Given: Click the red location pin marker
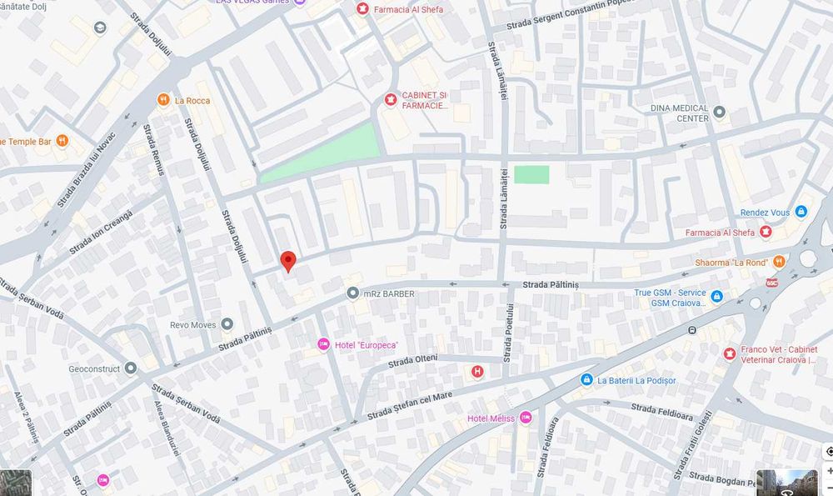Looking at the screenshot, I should click(x=287, y=261).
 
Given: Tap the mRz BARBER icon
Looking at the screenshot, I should click(x=353, y=293).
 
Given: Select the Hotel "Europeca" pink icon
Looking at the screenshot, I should click(x=323, y=345).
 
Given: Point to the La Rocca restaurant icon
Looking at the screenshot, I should click(x=163, y=101).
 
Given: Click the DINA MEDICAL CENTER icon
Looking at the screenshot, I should click(x=720, y=112).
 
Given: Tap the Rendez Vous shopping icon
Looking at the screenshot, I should click(x=801, y=213).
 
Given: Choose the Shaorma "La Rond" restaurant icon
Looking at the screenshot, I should click(x=778, y=262).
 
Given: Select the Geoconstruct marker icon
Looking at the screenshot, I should click(x=130, y=368).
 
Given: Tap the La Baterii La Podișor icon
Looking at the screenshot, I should click(x=586, y=380).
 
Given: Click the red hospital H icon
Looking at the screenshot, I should click(x=477, y=372).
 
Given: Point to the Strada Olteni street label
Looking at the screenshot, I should click(x=413, y=361).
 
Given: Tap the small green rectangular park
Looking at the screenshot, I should click(x=531, y=174).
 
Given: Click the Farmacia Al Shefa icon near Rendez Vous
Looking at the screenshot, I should click(x=765, y=233).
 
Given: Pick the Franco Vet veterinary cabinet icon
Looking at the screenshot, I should click(x=730, y=354).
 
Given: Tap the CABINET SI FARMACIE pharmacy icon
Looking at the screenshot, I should click(x=390, y=101).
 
